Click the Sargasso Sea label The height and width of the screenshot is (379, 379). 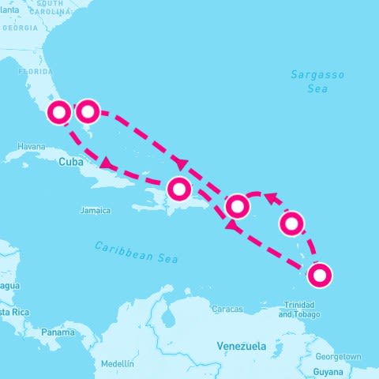click(x=309, y=81)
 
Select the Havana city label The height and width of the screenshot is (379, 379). click(x=31, y=147)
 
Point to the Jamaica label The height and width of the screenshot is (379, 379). click(x=96, y=211)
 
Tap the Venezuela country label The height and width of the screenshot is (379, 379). click(x=242, y=346)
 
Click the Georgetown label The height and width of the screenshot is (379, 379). click(x=343, y=356)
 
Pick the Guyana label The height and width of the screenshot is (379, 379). click(x=329, y=371)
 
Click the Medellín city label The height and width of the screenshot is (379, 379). click(x=118, y=364)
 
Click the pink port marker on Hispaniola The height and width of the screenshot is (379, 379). click(x=179, y=189)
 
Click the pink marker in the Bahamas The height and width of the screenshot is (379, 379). click(x=87, y=111)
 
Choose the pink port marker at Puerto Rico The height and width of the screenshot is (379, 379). click(x=238, y=207)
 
